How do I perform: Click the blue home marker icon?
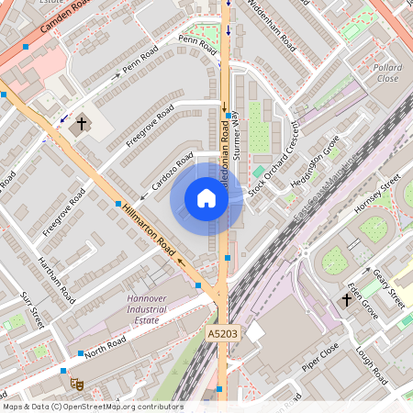coord(206,198)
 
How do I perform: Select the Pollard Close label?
coord(387,73)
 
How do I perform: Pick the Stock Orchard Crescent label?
coord(276,151)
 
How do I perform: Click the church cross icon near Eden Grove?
coord(347,299)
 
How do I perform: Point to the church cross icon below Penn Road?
coord(81,122)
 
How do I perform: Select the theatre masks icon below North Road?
coord(78,376)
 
